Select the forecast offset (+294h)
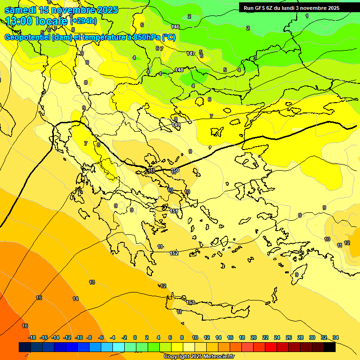(83, 21)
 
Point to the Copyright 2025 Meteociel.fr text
(199, 357)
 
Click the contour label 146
(176, 27)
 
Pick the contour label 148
(179, 70)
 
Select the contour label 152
(174, 253)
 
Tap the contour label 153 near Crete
(190, 302)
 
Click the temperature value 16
(25, 326)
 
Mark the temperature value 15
(39, 298)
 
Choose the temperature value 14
(75, 299)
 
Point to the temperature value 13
(92, 282)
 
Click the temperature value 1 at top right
(307, 16)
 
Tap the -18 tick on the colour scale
(32, 337)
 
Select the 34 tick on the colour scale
(336, 337)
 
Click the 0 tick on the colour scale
(135, 337)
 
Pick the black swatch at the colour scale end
(330, 347)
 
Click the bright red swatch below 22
(271, 347)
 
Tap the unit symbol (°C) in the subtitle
(169, 37)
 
